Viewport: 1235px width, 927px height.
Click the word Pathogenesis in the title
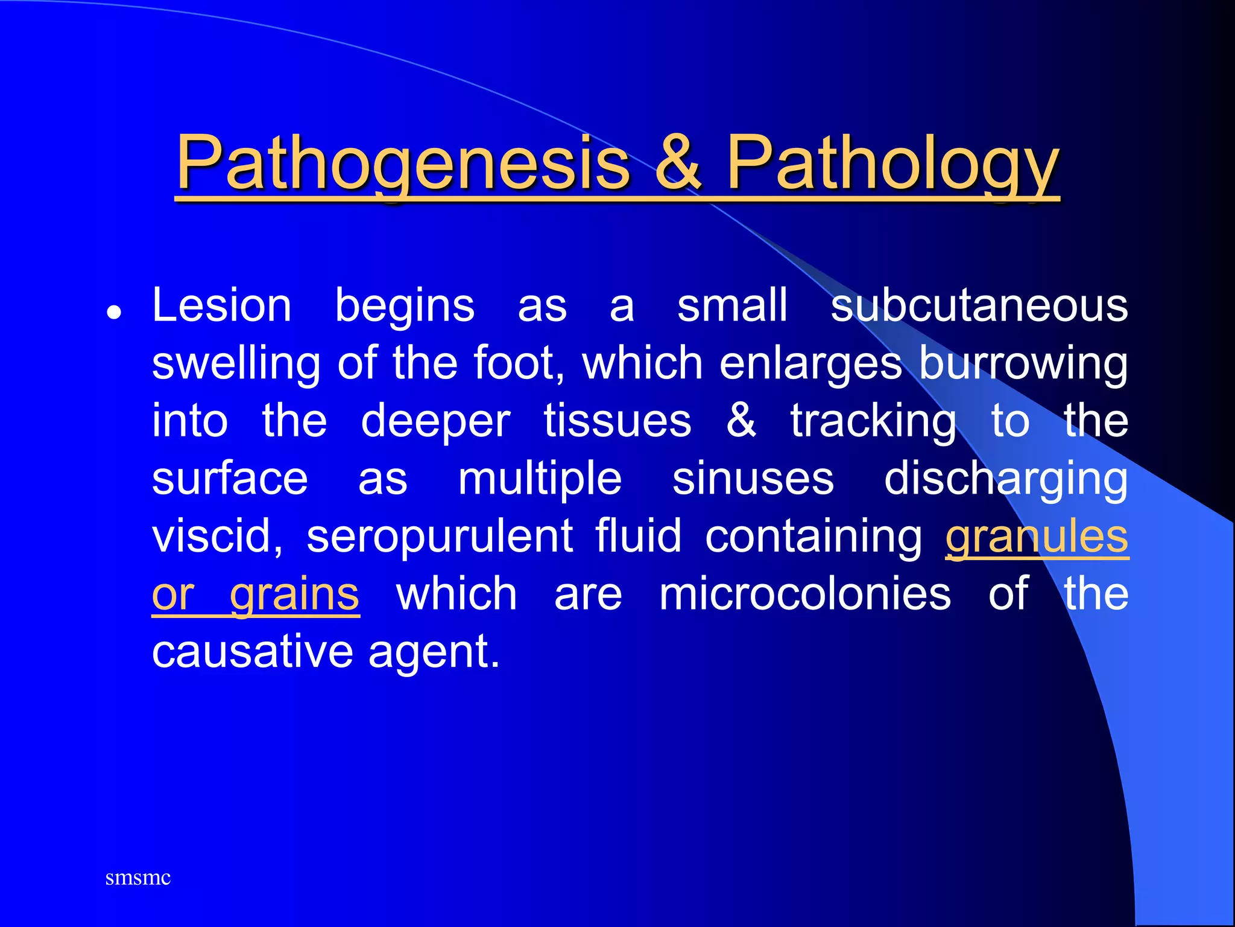pyautogui.click(x=403, y=163)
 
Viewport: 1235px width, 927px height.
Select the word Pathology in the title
pyautogui.click(x=892, y=163)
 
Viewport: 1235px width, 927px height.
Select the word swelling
pyautogui.click(x=236, y=364)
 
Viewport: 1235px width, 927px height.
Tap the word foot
pyautogui.click(x=517, y=363)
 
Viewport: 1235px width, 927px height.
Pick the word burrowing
pyautogui.click(x=1023, y=364)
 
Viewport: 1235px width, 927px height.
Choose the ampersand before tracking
pyautogui.click(x=741, y=420)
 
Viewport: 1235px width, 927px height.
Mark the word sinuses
pyautogui.click(x=753, y=479)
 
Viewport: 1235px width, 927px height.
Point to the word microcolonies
pyautogui.click(x=805, y=594)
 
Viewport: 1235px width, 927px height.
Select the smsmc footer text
pyautogui.click(x=138, y=878)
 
